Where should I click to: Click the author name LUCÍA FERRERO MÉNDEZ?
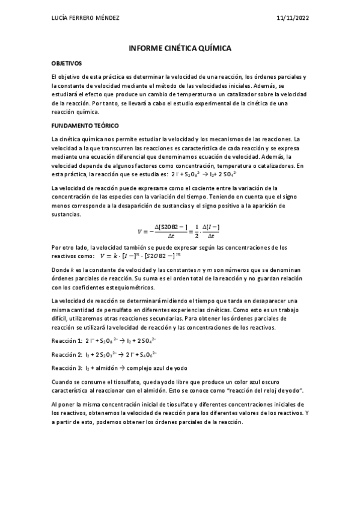coord(86,17)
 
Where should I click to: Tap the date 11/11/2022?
coord(293,17)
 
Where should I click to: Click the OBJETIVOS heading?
coord(67,63)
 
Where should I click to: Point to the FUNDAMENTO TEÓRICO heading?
coord(86,126)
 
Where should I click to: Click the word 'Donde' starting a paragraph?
coord(61,271)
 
